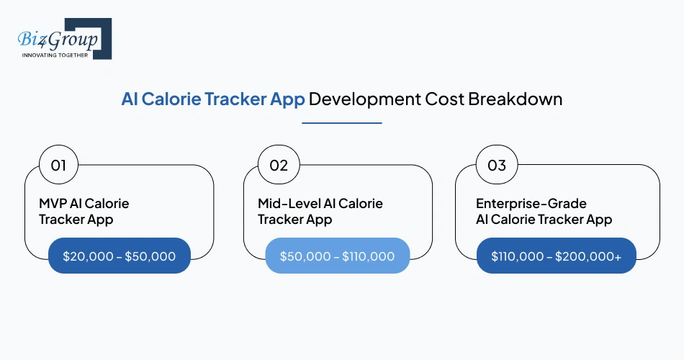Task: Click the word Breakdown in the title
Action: pos(515,99)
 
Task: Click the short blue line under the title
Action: pos(341,123)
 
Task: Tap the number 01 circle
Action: pos(58,166)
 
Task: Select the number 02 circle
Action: pos(279,166)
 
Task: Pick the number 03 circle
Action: pos(497,166)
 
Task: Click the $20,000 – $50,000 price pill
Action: pos(119,256)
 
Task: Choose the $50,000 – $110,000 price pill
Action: pos(337,256)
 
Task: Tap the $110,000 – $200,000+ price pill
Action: pos(556,256)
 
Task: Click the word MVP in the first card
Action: pos(53,204)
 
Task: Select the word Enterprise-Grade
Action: pos(531,204)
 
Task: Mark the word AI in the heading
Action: pos(130,99)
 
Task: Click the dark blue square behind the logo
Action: pos(101,29)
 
